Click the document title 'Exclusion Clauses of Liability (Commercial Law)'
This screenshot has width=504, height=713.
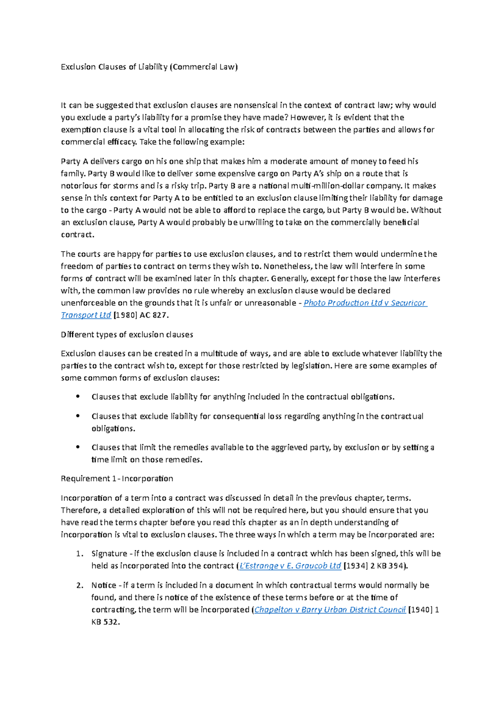149,67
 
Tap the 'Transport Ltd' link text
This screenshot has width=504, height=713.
86,315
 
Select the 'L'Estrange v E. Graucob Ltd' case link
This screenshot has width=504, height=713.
290,566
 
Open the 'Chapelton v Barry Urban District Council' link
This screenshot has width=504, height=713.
330,610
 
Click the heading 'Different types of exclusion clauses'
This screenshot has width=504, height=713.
127,335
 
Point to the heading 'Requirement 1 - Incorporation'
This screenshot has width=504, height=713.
117,479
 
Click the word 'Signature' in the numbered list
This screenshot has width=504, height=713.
109,554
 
